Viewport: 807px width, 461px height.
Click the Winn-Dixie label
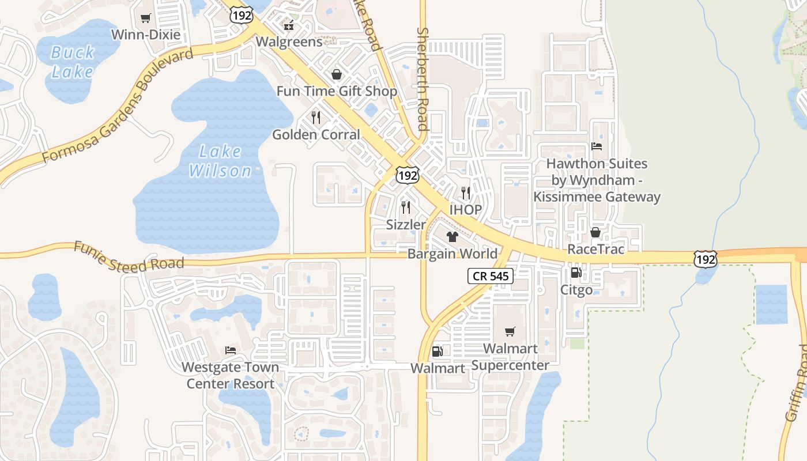pyautogui.click(x=145, y=35)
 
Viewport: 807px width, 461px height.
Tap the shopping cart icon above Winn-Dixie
pyautogui.click(x=145, y=18)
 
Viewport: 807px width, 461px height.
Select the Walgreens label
pyautogui.click(x=289, y=42)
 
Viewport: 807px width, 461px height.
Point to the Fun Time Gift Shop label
pyautogui.click(x=337, y=91)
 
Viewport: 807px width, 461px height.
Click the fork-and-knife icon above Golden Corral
pyautogui.click(x=315, y=118)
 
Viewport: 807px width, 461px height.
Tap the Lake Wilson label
pyautogui.click(x=220, y=161)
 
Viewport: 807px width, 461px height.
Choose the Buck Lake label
pyautogui.click(x=73, y=62)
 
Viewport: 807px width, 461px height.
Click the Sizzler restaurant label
pyautogui.click(x=406, y=225)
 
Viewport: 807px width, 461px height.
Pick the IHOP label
pyautogui.click(x=465, y=209)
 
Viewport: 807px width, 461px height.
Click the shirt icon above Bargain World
pyautogui.click(x=452, y=237)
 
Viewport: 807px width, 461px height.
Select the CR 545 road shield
pyautogui.click(x=491, y=276)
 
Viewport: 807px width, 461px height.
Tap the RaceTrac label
pyautogui.click(x=595, y=250)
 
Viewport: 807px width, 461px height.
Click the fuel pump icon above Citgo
pyautogui.click(x=575, y=273)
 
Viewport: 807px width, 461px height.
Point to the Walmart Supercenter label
pyautogui.click(x=510, y=357)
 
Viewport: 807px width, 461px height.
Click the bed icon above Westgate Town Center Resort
pyautogui.click(x=230, y=350)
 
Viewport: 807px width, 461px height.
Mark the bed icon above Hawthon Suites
pyautogui.click(x=597, y=146)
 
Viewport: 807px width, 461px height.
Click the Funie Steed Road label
pyautogui.click(x=129, y=256)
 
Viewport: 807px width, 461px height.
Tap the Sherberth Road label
pyautogui.click(x=423, y=79)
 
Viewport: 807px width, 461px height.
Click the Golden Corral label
pyautogui.click(x=316, y=135)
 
